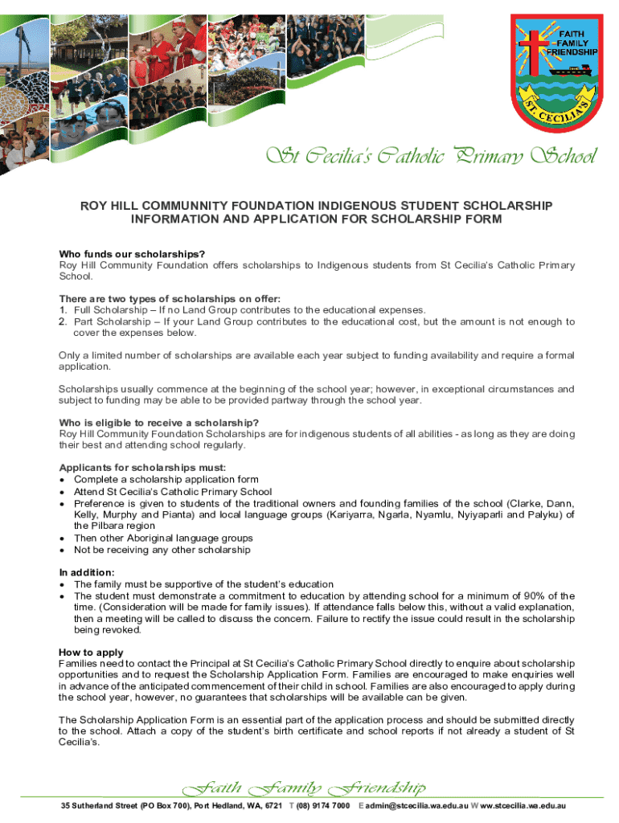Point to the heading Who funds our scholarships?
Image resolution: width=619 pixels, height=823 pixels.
[132, 255]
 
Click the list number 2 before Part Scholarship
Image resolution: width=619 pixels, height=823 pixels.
[62, 321]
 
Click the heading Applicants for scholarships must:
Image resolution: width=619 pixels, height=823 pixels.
[142, 468]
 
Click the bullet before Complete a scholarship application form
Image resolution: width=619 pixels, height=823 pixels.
[63, 480]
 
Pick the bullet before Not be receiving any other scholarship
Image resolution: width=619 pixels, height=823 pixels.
[63, 551]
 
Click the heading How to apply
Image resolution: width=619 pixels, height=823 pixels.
[91, 652]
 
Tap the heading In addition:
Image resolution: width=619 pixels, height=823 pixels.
[86, 571]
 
